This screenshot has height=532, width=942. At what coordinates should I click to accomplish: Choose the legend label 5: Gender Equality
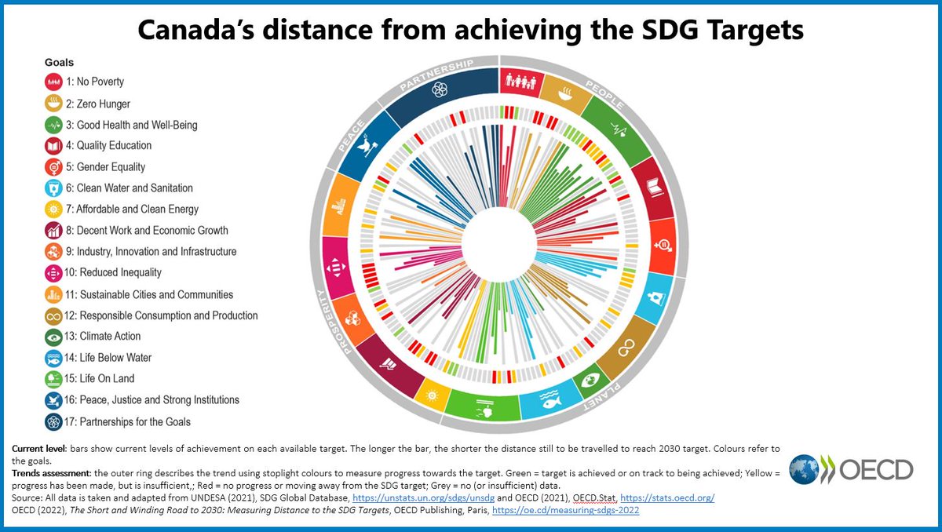[111, 166]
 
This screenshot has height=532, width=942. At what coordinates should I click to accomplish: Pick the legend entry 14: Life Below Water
[114, 357]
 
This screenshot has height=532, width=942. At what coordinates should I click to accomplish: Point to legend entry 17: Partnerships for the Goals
[133, 421]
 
